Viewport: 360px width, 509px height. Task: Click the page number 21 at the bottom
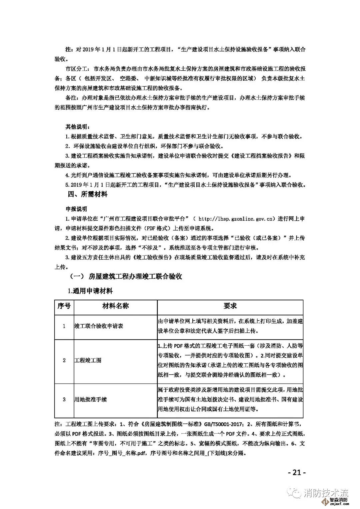point(296,472)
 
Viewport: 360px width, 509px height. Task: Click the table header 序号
point(64,306)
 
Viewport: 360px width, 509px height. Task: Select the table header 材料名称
point(115,306)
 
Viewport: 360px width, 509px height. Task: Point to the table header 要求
point(230,306)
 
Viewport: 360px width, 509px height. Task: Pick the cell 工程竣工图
point(88,360)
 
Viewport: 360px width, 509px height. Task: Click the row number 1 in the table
point(64,326)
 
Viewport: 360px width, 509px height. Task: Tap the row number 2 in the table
point(64,360)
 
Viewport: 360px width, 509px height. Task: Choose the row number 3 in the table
point(64,399)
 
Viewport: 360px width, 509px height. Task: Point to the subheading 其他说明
point(77,127)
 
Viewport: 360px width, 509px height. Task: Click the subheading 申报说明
point(76,209)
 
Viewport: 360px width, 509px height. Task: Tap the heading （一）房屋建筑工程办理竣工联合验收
point(125,276)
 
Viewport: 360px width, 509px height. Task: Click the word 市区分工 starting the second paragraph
point(77,69)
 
